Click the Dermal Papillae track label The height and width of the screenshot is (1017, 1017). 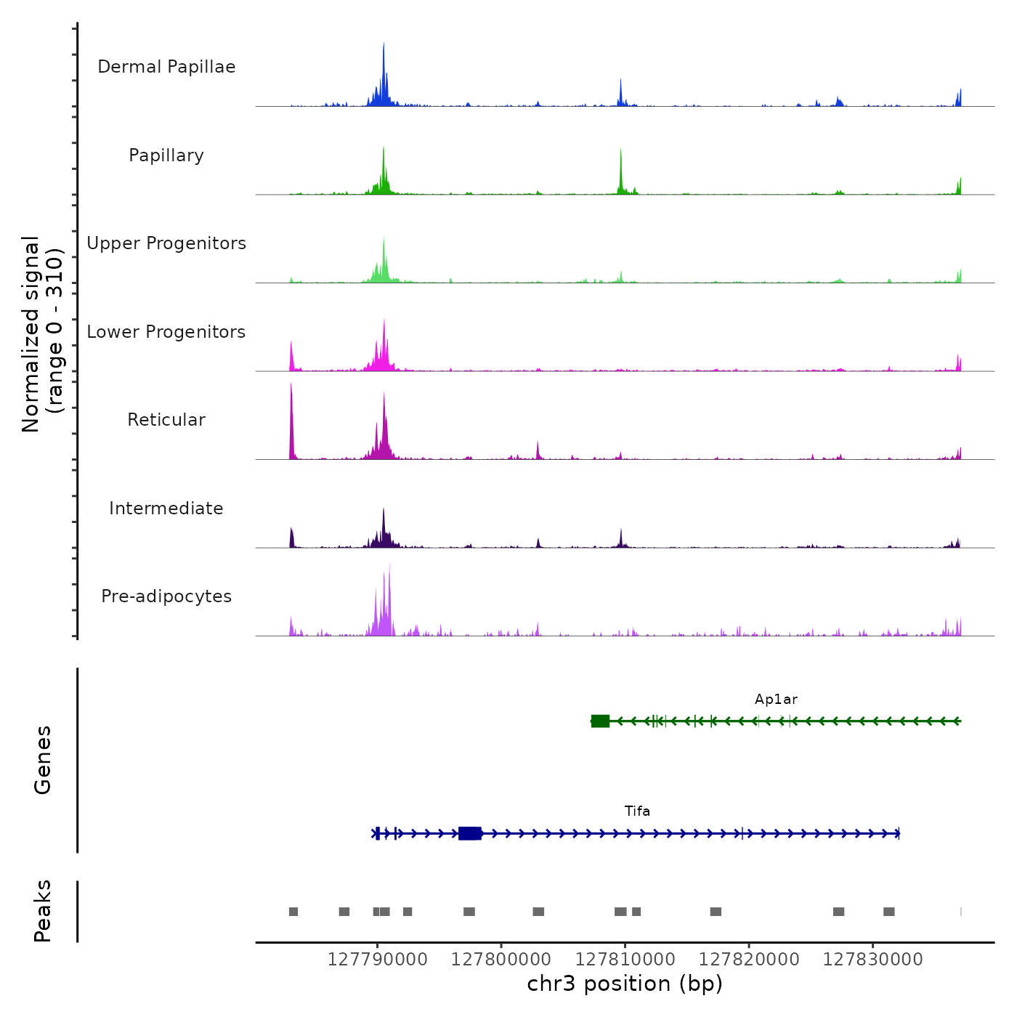(166, 67)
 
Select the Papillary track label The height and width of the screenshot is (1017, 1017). (166, 155)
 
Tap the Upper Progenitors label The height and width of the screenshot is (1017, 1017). (166, 243)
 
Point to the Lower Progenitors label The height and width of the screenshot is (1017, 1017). (166, 332)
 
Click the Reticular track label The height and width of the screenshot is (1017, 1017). (166, 420)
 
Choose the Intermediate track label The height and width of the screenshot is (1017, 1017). (166, 508)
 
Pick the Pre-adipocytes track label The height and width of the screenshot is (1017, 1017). (166, 596)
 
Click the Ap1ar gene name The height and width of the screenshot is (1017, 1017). (776, 700)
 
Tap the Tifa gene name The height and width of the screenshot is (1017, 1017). (637, 811)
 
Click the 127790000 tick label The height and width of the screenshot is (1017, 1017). (377, 960)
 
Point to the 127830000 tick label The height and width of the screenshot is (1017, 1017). (872, 960)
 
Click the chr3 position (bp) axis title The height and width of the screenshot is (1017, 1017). (625, 984)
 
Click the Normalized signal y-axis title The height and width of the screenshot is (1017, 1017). (42, 334)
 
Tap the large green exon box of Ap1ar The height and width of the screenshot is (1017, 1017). (600, 721)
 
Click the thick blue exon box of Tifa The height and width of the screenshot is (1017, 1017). (470, 833)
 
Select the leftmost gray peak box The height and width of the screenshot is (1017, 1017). (293, 912)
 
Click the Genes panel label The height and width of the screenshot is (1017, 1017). (43, 760)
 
